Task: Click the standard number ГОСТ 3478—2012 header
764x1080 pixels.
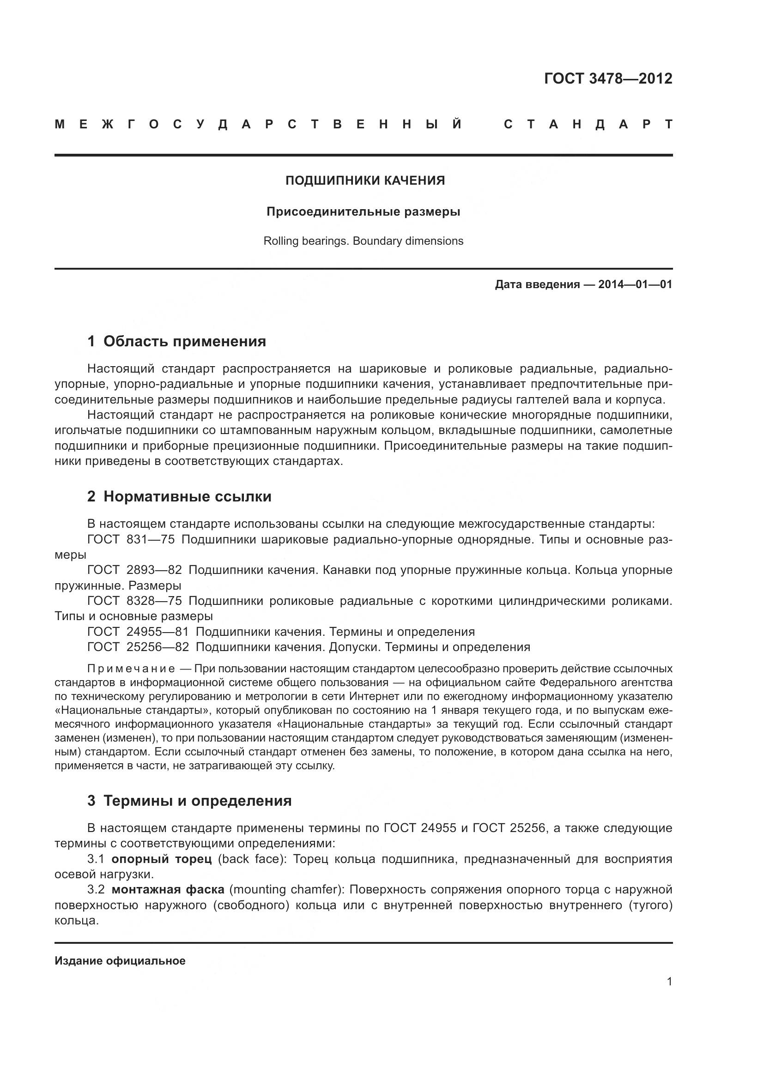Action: pos(608,78)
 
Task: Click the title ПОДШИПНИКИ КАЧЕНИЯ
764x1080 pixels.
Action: pos(365,181)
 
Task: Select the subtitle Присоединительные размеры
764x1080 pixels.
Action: pos(363,211)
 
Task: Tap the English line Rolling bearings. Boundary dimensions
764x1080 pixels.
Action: pos(363,241)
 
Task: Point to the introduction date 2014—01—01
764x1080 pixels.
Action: pos(635,284)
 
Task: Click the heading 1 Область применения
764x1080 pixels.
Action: pos(176,341)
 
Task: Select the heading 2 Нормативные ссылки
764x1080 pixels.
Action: pos(179,496)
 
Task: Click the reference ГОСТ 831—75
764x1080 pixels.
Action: pos(131,539)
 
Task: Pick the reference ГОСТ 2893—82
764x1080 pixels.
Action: pos(134,570)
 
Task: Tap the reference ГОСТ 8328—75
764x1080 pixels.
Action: pos(134,601)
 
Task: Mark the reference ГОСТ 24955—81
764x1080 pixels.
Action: pos(138,631)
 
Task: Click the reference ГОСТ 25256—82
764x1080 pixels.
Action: pos(138,647)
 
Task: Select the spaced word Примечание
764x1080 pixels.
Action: pos(131,669)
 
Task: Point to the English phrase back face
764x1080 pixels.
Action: pos(252,859)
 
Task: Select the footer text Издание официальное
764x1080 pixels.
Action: pos(120,961)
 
